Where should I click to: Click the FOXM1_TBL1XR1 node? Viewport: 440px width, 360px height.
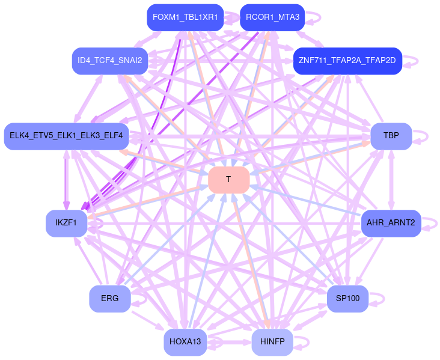point(185,17)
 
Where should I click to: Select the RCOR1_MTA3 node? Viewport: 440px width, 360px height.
point(272,17)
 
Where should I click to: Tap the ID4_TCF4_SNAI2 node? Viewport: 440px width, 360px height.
point(110,61)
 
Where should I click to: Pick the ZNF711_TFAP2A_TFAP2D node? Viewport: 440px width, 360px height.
point(347,61)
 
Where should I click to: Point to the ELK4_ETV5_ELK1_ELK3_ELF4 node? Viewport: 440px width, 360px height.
point(66,136)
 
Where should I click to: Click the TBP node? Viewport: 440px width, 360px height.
point(391,136)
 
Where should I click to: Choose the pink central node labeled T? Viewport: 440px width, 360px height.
point(228,180)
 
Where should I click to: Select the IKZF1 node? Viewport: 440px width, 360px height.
point(66,224)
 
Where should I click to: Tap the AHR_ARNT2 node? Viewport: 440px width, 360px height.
point(391,224)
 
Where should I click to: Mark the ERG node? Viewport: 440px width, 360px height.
point(110,299)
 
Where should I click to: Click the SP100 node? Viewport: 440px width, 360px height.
point(347,299)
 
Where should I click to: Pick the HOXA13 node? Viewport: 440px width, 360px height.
point(185,342)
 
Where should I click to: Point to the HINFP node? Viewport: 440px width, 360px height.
point(272,342)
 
